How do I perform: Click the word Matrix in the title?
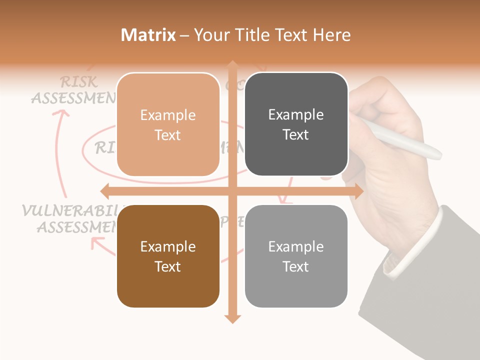tap(148, 35)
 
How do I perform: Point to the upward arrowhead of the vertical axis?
tap(232, 65)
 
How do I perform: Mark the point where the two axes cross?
tap(232, 191)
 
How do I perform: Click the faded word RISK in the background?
tap(78, 82)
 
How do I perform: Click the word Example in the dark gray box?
tap(296, 115)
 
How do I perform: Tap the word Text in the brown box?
tap(168, 266)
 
